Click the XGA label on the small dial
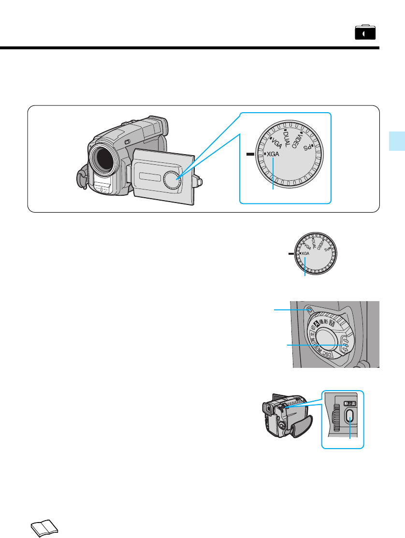coord(305,254)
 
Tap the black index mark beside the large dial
coord(249,154)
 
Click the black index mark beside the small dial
coord(290,253)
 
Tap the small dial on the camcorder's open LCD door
coord(172,179)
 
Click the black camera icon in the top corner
coord(365,32)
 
